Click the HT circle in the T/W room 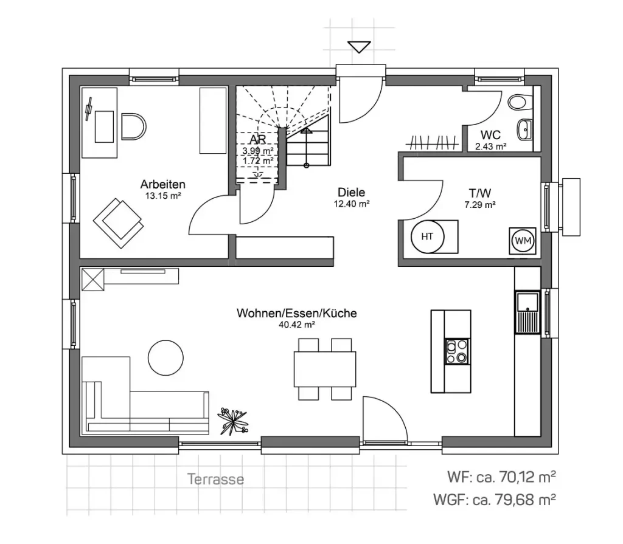(427, 236)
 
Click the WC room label (490, 135)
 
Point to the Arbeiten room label (162, 184)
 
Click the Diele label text (352, 193)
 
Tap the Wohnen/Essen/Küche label (296, 314)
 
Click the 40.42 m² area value (296, 325)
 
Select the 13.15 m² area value (163, 196)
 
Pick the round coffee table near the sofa (166, 357)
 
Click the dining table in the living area (325, 369)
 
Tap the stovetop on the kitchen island (457, 351)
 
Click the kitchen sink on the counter (527, 312)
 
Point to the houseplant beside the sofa (232, 419)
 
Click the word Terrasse (215, 479)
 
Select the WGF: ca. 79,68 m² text (495, 500)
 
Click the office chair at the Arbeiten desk (134, 126)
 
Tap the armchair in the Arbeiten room (119, 219)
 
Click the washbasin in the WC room (524, 128)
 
